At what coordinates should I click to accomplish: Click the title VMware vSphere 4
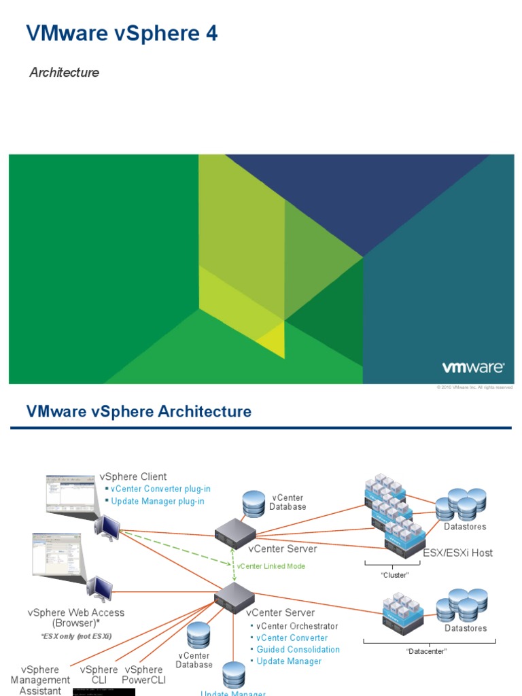pos(122,33)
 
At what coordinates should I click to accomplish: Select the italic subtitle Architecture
pos(64,72)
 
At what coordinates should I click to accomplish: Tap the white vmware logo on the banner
pos(473,368)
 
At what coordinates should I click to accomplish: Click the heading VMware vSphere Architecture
pos(139,411)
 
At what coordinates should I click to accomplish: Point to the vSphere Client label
pos(133,476)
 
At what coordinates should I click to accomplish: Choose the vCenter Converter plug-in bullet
pos(160,489)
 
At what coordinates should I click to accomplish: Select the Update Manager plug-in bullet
pos(158,501)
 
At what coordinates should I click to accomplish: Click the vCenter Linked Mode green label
pos(271,566)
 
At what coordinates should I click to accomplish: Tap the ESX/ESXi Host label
pos(458,553)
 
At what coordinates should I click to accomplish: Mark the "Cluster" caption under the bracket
pos(395,574)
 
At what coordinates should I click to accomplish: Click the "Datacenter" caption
pos(427,650)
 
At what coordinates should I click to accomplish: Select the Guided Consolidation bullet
pos(298,649)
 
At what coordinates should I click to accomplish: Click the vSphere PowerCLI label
pos(143,674)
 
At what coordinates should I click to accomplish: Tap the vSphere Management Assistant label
pos(40,680)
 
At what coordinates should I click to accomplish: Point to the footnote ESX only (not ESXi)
pos(75,636)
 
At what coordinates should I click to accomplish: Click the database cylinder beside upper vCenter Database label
pos(253,504)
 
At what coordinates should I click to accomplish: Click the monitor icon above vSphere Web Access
pos(101,589)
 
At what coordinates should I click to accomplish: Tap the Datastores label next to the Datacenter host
pos(466,628)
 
